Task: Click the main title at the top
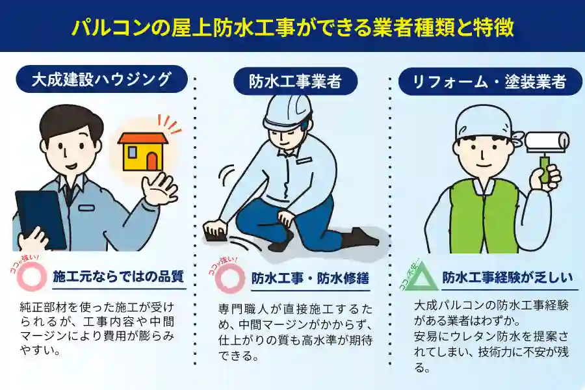[292, 27]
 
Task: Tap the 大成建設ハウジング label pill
[101, 79]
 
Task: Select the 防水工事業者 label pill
[295, 81]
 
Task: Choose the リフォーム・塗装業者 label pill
[490, 81]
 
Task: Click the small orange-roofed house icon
[143, 151]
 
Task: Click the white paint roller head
[547, 142]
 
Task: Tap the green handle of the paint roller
[545, 169]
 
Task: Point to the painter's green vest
[485, 216]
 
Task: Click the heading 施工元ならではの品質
[118, 276]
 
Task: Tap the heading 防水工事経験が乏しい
[508, 278]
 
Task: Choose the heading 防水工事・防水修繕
[310, 278]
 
